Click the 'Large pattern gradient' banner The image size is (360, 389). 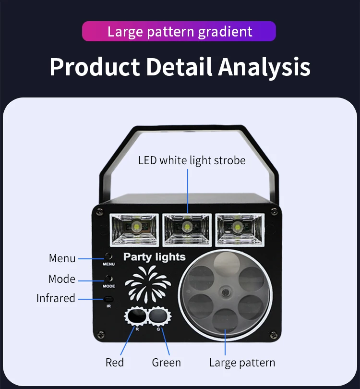(x=179, y=32)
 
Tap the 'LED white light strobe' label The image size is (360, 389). (x=192, y=160)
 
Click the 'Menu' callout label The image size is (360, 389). (x=62, y=258)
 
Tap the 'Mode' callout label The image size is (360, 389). (x=62, y=279)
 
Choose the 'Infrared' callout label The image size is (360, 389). (x=56, y=298)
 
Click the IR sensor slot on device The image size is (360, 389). (x=109, y=299)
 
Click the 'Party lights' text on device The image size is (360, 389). (x=154, y=257)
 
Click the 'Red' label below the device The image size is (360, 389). (x=115, y=362)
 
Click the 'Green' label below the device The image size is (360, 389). (x=166, y=362)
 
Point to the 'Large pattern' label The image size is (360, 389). (x=242, y=362)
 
